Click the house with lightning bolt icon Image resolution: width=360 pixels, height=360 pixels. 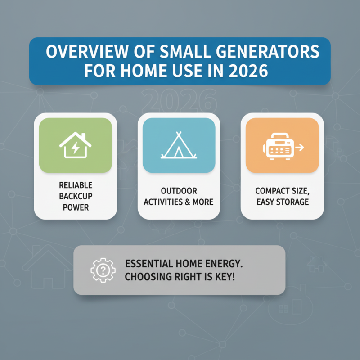click(x=76, y=145)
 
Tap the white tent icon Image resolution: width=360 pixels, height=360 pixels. click(x=179, y=145)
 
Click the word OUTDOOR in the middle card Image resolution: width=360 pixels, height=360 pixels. click(x=179, y=191)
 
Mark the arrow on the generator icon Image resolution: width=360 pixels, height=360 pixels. click(x=300, y=147)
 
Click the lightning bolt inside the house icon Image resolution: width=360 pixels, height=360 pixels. click(x=76, y=148)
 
